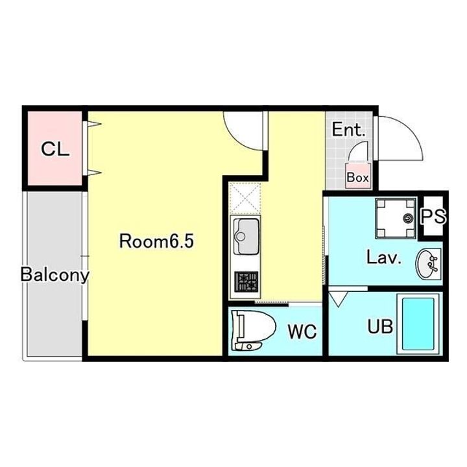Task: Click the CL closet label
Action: coord(55,149)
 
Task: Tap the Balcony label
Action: coord(54,274)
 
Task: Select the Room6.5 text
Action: coord(156,241)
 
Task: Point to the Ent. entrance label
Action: coord(348,130)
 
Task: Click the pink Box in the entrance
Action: coord(357,176)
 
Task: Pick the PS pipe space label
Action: coord(434,216)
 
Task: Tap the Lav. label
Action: coord(384,257)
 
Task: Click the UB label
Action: coord(380,326)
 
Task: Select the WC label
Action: coord(302,331)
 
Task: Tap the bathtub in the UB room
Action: coord(418,324)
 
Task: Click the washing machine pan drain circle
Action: coord(408,219)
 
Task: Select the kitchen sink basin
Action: coord(246,236)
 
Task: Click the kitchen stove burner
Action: coord(246,281)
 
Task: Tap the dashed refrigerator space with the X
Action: coord(245,198)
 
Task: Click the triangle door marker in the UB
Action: coord(339,299)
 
